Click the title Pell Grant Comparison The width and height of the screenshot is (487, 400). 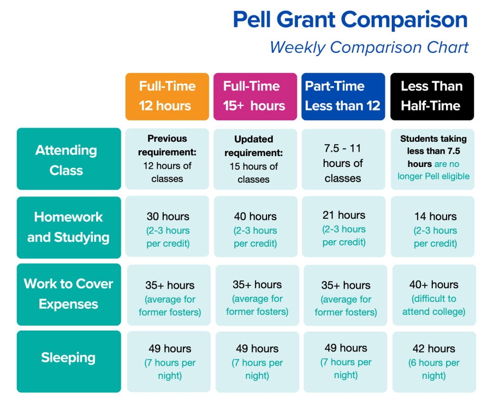coord(350,20)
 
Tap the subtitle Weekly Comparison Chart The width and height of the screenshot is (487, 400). coord(369,48)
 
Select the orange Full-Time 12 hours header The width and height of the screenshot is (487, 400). coord(167,96)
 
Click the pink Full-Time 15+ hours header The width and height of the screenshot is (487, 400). coord(254,96)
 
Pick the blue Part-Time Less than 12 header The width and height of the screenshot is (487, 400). coord(343,96)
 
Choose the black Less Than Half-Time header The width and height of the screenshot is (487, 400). coord(432,96)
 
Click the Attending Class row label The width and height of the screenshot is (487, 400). coord(69,160)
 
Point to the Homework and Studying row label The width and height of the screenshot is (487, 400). coord(69,227)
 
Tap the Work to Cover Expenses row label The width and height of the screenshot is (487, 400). coord(69,294)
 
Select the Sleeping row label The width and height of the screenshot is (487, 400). coord(69,358)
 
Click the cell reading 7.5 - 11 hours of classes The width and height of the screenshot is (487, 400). coord(343,163)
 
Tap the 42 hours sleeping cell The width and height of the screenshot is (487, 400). coord(434,362)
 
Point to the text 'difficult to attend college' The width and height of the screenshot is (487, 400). coord(434,305)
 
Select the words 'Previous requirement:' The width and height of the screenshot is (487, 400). coord(167,146)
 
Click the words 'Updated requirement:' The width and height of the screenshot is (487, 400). coord(254,146)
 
